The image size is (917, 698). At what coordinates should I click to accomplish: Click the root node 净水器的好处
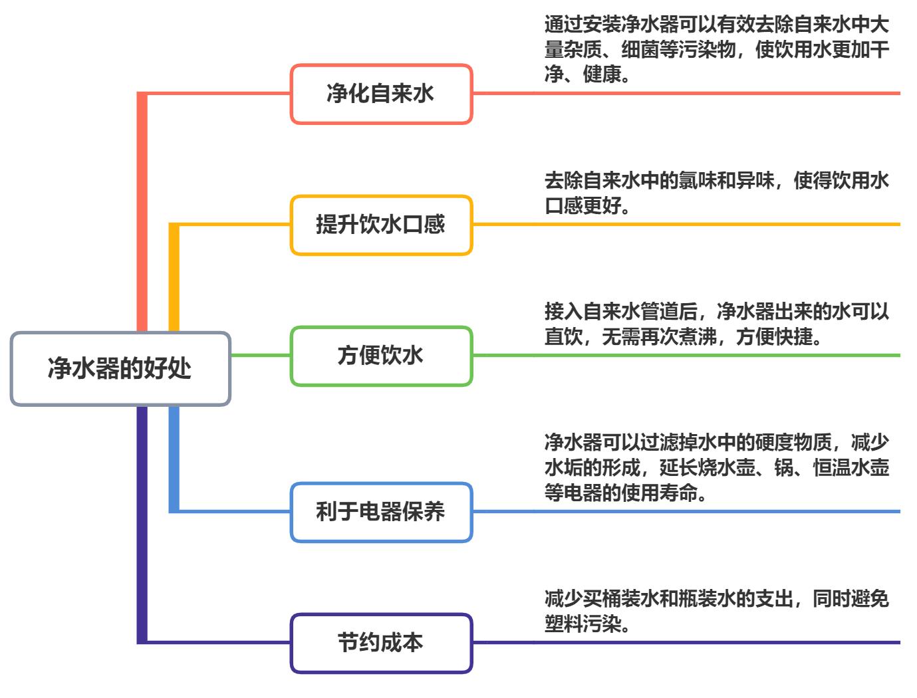point(120,368)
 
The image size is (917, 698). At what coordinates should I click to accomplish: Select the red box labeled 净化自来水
point(380,94)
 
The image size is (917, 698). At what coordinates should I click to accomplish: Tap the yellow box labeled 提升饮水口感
point(380,225)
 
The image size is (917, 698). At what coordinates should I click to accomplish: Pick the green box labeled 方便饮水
point(380,356)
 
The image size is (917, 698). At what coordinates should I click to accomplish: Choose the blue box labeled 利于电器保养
point(380,512)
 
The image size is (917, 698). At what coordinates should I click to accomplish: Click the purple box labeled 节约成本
point(380,643)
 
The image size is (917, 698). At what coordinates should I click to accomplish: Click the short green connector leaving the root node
point(260,356)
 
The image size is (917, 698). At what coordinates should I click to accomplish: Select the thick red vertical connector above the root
point(142,213)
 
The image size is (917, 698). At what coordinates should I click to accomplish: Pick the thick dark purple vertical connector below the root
point(142,525)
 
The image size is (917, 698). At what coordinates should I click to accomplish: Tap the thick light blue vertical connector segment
point(174,459)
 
